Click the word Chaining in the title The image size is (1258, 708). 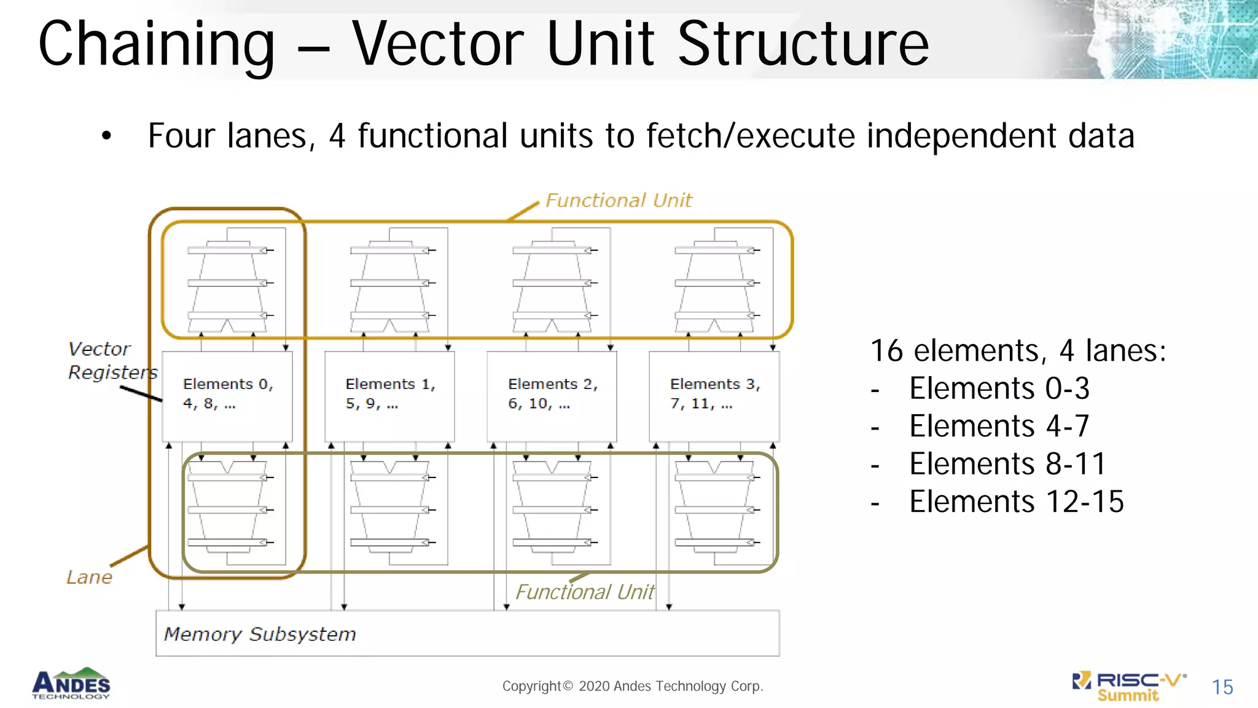point(157,44)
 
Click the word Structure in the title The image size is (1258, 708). point(803,44)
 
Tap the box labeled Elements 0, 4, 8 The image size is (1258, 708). point(227,395)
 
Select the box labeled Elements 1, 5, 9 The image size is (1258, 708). point(389,395)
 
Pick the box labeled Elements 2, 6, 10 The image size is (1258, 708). point(552,395)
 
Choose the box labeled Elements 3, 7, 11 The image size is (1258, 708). point(714,395)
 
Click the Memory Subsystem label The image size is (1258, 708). point(260,634)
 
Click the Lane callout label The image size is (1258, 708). point(89,577)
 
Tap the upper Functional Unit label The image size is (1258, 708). point(618,200)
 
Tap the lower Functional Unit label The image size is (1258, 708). point(584,592)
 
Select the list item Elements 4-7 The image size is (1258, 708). point(999,426)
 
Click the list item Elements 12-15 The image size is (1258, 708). point(1016,502)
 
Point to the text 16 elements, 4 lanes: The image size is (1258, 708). point(1018,351)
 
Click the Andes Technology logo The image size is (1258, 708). point(71,683)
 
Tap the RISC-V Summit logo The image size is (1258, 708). point(1129,686)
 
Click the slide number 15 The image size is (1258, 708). point(1222,687)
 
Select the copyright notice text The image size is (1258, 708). point(633,686)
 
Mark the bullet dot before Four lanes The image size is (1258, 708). point(107,136)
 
